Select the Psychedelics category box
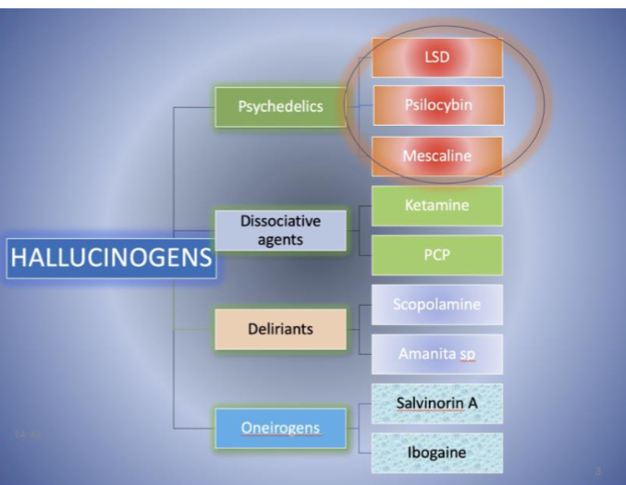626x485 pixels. click(x=281, y=106)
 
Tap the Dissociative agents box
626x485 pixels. click(x=281, y=231)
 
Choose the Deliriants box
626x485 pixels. click(x=281, y=329)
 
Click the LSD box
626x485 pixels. click(x=437, y=57)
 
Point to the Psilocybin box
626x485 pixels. click(x=437, y=105)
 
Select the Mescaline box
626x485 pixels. click(x=437, y=156)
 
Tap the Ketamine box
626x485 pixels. click(x=437, y=206)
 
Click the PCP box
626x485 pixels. click(x=437, y=255)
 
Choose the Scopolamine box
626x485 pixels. click(x=437, y=305)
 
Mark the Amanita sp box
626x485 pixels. click(x=437, y=354)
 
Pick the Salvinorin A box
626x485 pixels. click(x=437, y=404)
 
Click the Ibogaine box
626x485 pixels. click(x=437, y=453)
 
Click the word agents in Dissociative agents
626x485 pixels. click(x=280, y=240)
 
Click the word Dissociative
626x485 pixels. click(x=281, y=222)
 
